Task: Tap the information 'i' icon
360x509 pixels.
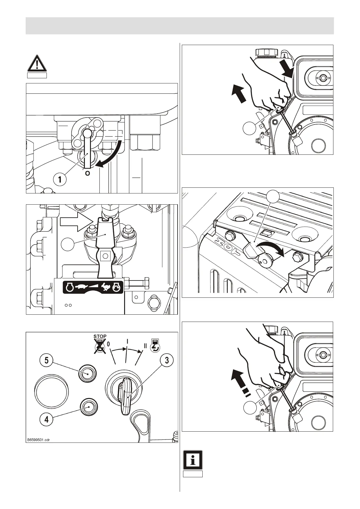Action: click(193, 460)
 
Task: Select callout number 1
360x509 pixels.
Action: click(60, 179)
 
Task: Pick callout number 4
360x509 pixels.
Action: click(46, 419)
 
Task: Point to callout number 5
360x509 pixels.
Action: click(46, 360)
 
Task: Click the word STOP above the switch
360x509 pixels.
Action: click(100, 336)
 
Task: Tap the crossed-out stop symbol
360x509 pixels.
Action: click(99, 346)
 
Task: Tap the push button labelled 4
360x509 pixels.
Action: click(89, 407)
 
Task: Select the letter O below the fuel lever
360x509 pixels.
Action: click(88, 173)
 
